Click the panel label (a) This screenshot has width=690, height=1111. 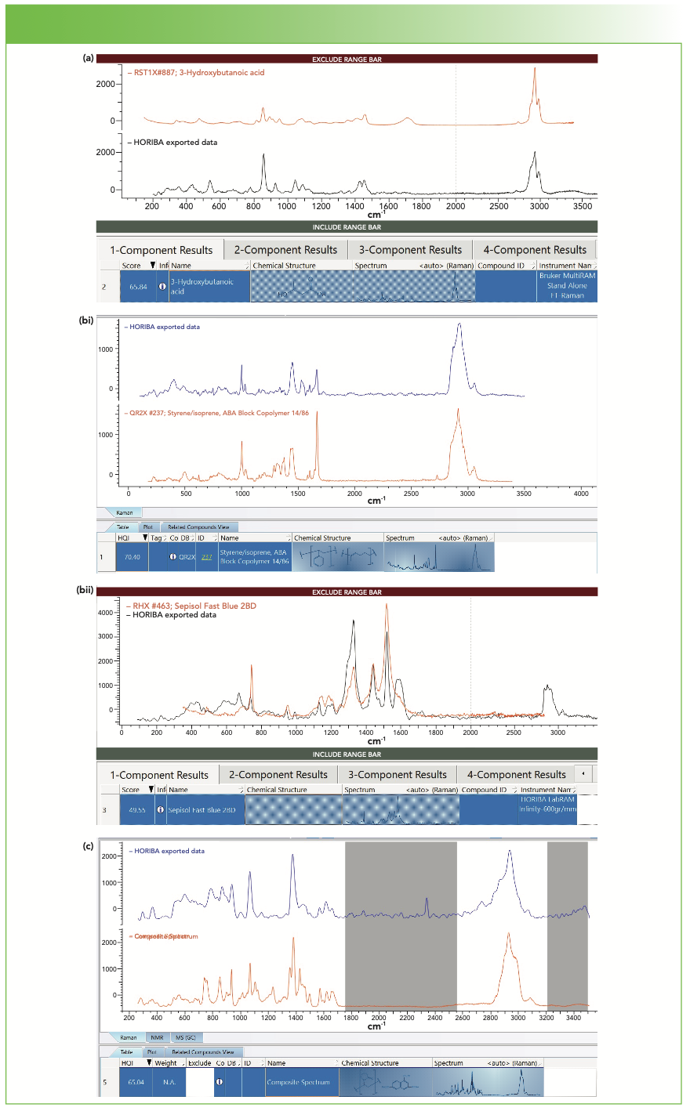89,58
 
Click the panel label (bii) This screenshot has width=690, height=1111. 85,590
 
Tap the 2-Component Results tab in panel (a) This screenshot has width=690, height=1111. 285,250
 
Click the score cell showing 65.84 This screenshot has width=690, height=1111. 138,287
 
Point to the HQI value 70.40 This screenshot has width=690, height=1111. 132,557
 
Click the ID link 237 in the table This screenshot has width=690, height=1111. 206,557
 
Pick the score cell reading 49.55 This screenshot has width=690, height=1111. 136,810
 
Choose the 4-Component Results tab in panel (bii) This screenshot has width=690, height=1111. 516,775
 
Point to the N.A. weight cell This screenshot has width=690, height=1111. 169,1083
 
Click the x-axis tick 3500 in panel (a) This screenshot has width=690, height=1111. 582,206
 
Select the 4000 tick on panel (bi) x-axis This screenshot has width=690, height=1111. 581,494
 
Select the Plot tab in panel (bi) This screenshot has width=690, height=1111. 147,527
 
